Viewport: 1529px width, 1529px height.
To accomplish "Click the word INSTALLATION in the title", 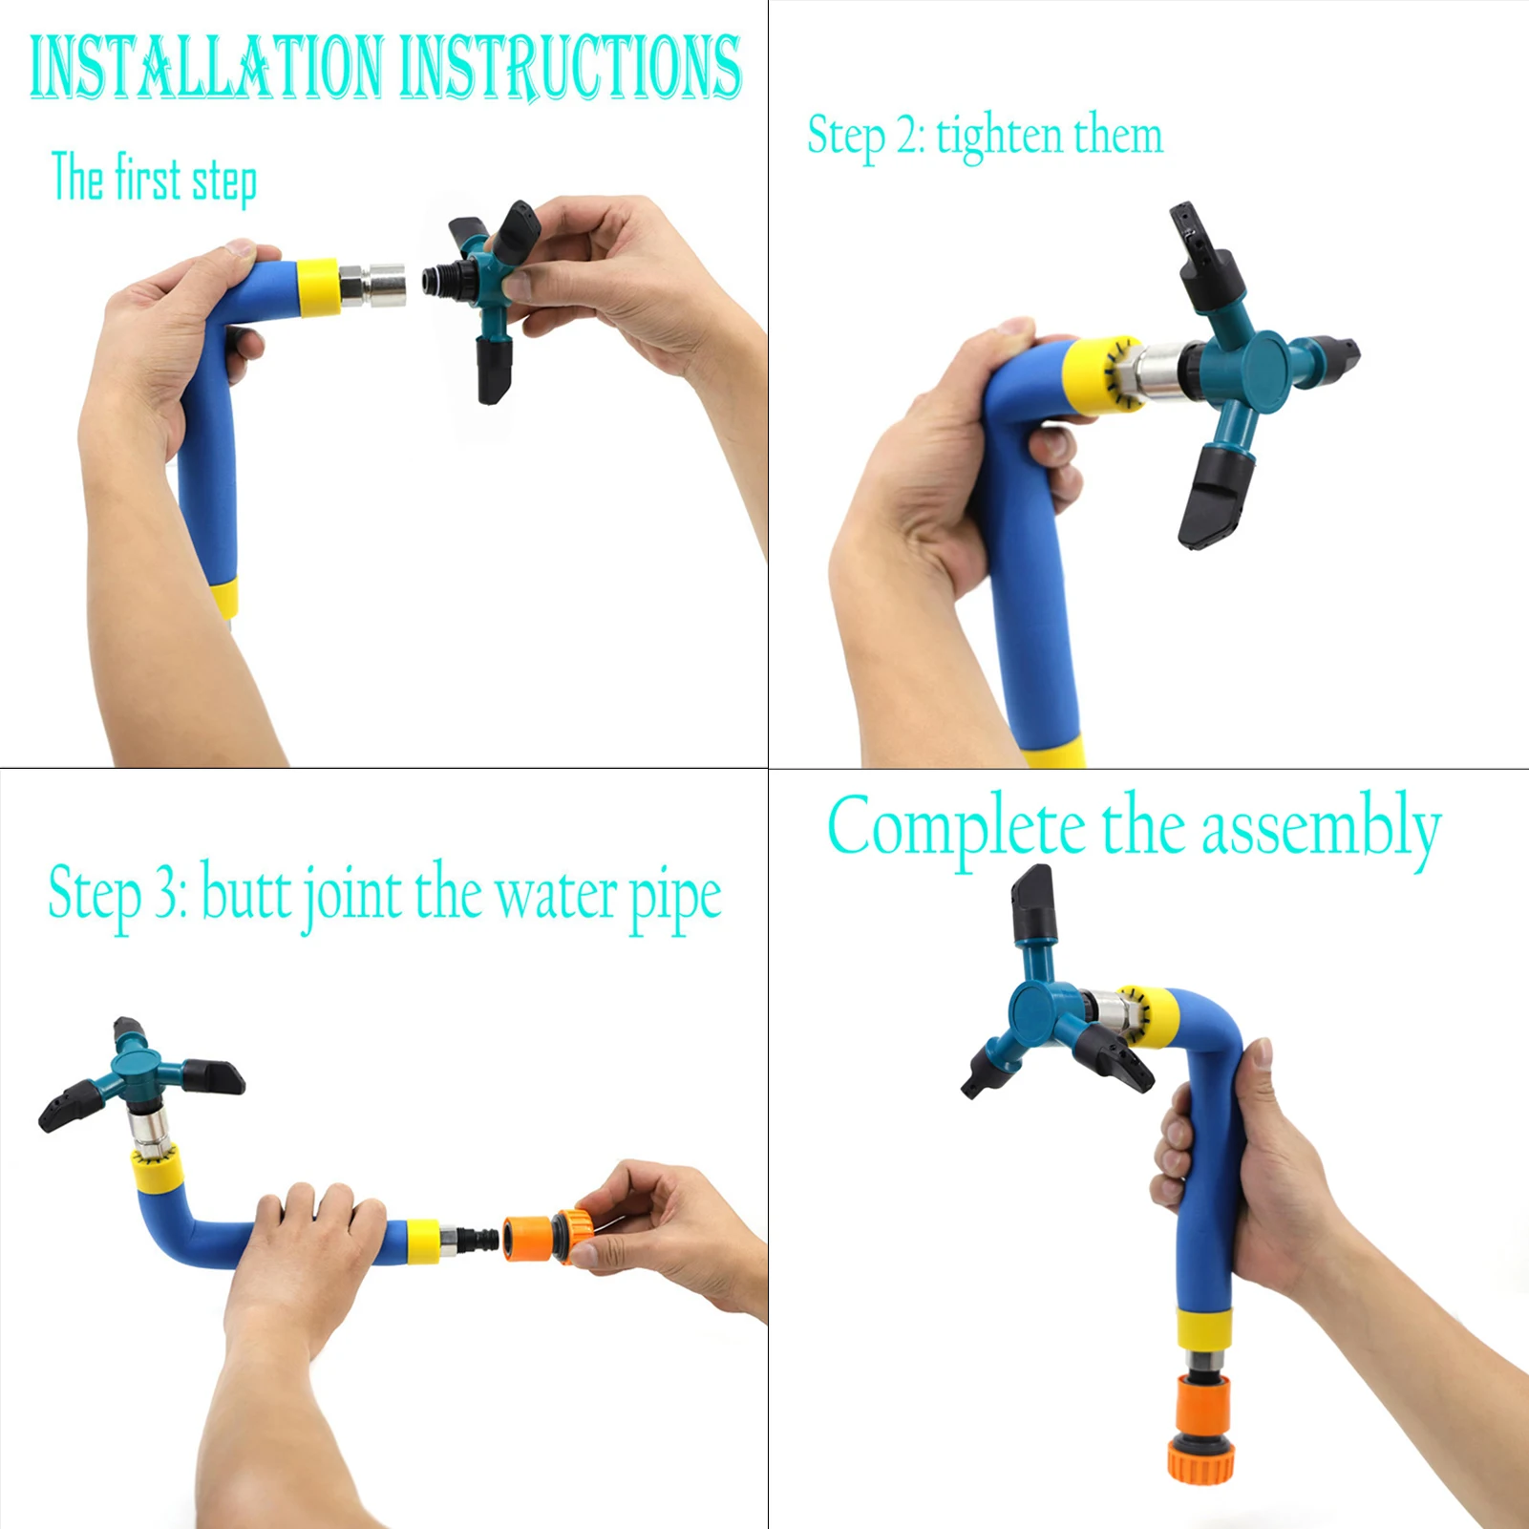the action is point(205,67).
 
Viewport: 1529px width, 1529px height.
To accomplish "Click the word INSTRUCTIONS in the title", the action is point(570,67).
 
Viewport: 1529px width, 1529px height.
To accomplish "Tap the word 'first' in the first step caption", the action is point(148,178).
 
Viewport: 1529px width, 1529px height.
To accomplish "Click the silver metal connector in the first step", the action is point(372,286).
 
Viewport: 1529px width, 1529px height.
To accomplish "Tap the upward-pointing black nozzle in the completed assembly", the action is point(1033,902).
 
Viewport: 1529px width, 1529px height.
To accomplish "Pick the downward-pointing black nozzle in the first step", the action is point(494,370).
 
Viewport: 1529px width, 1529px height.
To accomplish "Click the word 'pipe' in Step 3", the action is point(675,900).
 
